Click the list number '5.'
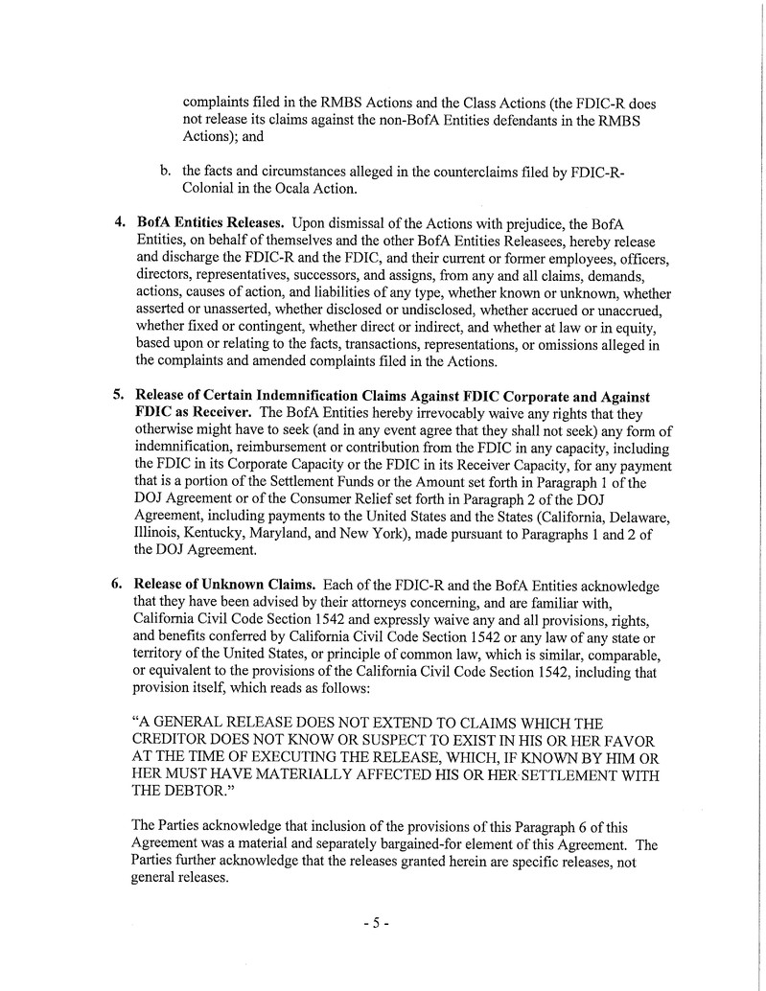click(x=121, y=396)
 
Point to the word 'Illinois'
click(x=159, y=533)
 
